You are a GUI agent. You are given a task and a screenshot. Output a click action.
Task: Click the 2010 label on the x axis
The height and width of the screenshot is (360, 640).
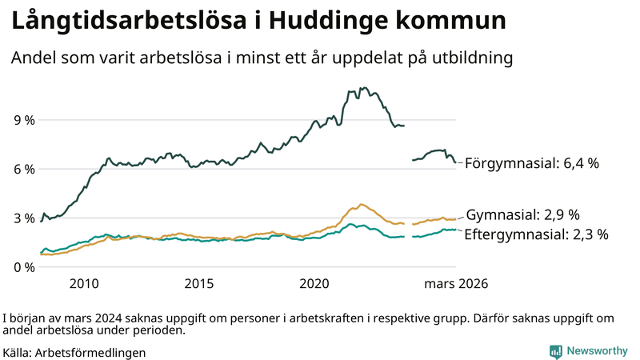(84, 284)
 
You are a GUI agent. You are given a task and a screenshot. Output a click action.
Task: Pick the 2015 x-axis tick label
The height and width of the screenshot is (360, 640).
(199, 284)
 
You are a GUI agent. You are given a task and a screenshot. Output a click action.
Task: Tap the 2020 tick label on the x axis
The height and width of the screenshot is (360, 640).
(314, 284)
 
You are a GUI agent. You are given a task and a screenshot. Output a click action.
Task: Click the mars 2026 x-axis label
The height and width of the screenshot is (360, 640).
(455, 284)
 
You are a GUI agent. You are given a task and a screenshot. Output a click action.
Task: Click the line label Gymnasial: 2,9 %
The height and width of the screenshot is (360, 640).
(522, 215)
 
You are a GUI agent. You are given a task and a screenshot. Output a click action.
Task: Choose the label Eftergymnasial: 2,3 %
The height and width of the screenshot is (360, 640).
(536, 234)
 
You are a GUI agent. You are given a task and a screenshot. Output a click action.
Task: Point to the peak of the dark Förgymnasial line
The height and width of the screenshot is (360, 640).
(364, 88)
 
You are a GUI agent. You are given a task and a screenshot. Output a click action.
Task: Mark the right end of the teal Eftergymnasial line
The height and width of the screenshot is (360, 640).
(456, 230)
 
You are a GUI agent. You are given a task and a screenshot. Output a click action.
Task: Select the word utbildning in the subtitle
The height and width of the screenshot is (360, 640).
(471, 58)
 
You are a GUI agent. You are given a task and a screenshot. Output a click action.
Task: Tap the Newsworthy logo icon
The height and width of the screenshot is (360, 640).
(555, 351)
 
